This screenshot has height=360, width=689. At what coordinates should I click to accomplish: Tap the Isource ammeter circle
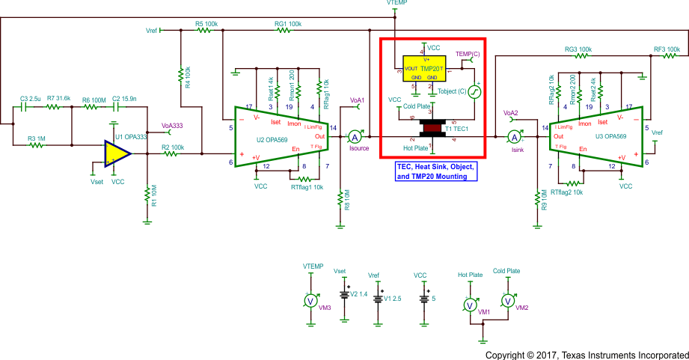[356, 136]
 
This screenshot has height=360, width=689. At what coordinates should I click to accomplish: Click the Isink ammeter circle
[514, 136]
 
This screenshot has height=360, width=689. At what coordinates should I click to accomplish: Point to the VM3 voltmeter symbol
[310, 300]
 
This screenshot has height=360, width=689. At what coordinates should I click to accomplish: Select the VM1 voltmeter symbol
[468, 304]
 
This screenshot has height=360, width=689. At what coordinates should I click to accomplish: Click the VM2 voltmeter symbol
[506, 300]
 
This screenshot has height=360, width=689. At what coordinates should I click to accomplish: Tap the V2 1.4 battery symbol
[345, 295]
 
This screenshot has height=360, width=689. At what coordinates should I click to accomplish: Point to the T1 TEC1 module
[432, 128]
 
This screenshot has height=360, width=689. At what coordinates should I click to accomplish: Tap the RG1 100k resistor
[288, 31]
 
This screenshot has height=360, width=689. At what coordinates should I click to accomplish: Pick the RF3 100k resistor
[667, 57]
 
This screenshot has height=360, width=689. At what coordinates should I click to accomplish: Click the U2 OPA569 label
[271, 139]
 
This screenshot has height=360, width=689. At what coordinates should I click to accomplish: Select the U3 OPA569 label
[611, 137]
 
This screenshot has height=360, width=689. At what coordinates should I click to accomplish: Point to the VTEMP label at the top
[397, 4]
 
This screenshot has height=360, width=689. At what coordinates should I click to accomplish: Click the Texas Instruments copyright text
[586, 354]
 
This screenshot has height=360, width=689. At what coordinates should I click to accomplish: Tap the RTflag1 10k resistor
[304, 179]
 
